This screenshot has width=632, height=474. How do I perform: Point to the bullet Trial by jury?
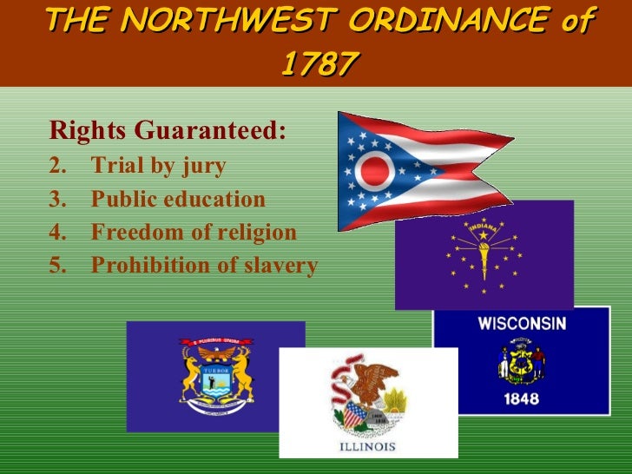[x=158, y=165]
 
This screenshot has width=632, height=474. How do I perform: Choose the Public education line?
[x=178, y=199]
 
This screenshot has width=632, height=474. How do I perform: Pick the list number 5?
[x=57, y=266]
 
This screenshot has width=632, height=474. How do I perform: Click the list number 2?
[x=57, y=165]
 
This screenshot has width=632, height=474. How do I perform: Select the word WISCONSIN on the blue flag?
[x=522, y=324]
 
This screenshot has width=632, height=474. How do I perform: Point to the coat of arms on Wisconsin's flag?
[x=521, y=364]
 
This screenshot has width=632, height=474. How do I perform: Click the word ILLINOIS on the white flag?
[x=367, y=446]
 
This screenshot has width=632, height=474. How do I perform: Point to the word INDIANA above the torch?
[x=484, y=227]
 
